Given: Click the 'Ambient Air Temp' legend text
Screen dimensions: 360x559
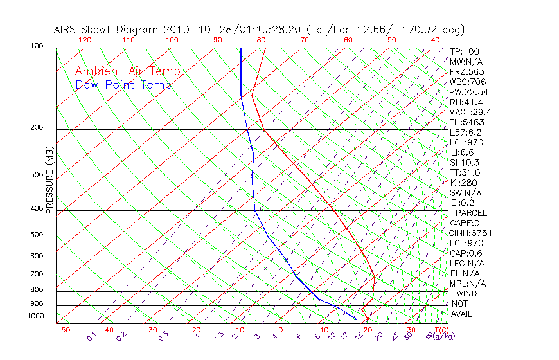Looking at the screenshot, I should click(x=127, y=71).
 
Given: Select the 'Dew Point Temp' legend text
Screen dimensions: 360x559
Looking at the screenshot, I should click(x=123, y=85).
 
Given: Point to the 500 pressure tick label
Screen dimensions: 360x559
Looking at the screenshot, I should click(x=36, y=235).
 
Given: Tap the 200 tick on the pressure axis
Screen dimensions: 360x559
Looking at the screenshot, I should click(x=36, y=127).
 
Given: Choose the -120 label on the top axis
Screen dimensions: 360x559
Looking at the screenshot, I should click(x=82, y=40).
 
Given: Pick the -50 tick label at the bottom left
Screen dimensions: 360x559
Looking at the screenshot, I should click(x=62, y=330).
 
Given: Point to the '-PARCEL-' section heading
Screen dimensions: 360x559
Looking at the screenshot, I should click(x=471, y=213).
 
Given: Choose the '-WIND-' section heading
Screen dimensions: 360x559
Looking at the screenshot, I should click(x=466, y=293).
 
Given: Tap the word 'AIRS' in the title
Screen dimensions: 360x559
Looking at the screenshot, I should click(x=67, y=30).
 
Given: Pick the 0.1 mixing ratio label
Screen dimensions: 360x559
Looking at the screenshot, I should click(x=92, y=336).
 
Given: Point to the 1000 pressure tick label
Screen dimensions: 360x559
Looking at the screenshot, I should click(x=35, y=316).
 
